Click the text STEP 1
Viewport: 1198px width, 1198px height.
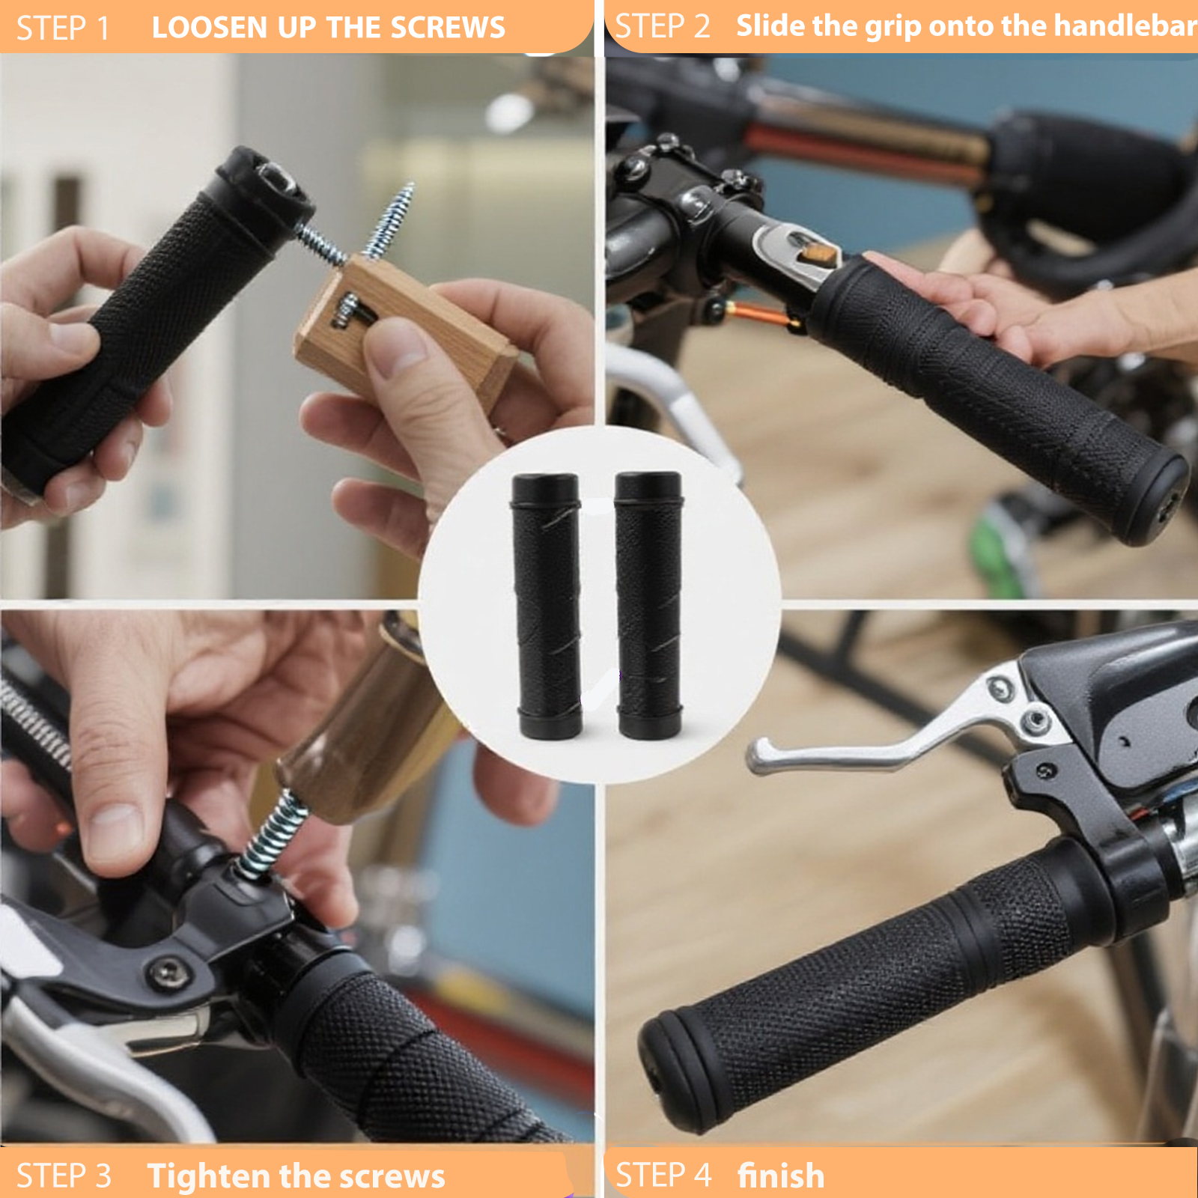[63, 28]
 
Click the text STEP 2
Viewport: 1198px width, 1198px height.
[662, 27]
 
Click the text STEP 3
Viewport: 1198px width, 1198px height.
[64, 1176]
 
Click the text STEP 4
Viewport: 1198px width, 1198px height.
[663, 1175]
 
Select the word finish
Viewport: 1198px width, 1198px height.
[781, 1175]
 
